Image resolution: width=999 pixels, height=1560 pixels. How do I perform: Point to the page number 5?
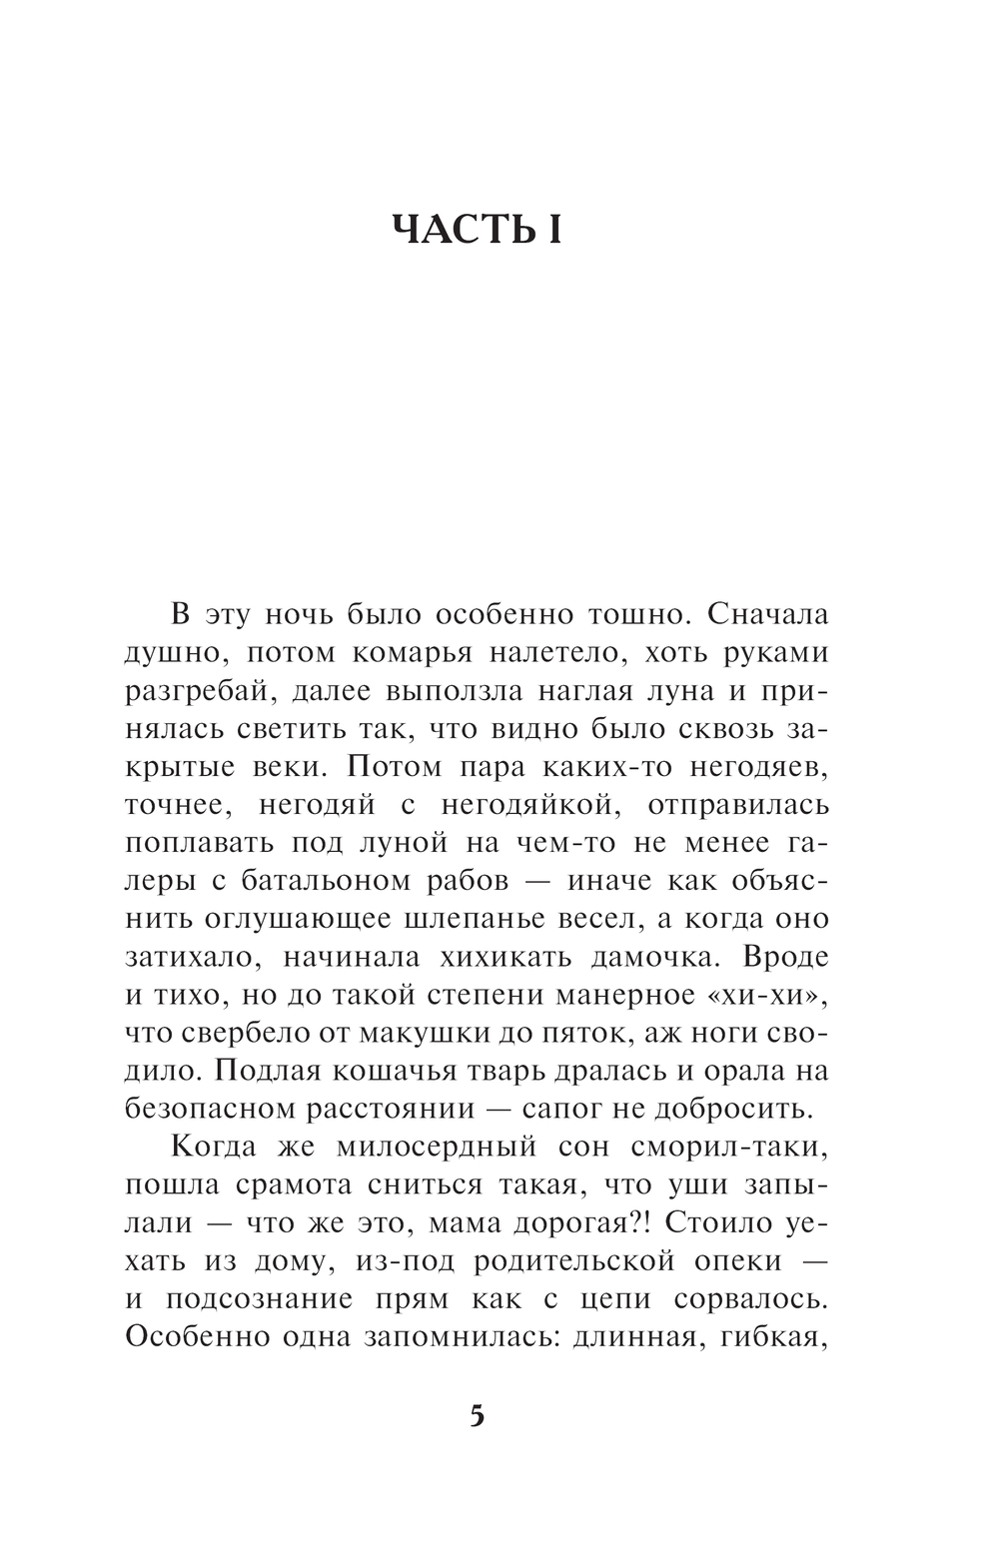477,1415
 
